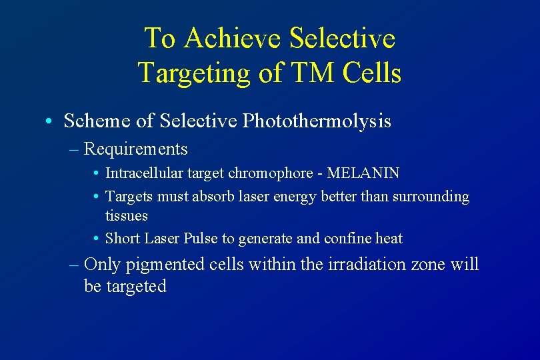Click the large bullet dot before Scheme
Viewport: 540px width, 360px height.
[50, 122]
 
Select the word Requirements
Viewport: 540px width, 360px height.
[136, 149]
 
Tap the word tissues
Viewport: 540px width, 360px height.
[127, 216]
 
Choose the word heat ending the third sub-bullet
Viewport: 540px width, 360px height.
[390, 238]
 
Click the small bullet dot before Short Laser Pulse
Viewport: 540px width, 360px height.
[97, 239]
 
